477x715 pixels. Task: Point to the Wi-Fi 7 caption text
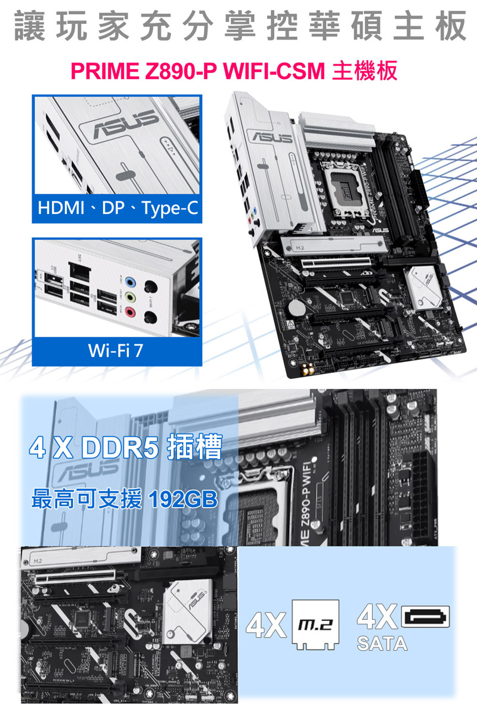115,350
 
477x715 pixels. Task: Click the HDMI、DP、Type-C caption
117,209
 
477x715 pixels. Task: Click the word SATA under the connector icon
382,643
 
